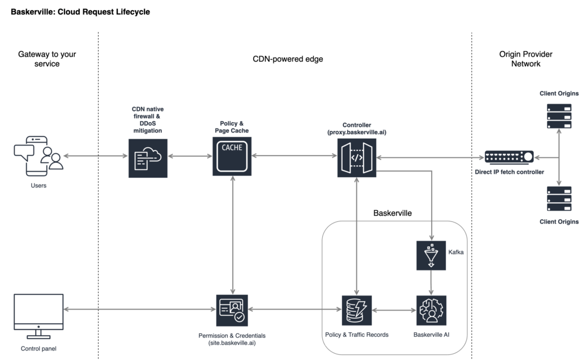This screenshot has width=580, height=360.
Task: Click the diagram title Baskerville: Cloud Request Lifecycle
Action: click(x=80, y=12)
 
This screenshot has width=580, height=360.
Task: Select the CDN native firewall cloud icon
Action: click(x=147, y=157)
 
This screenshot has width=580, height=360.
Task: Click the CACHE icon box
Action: click(x=233, y=155)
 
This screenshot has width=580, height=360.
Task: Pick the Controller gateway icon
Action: click(x=357, y=155)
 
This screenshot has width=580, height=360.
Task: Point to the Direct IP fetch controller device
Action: click(x=509, y=156)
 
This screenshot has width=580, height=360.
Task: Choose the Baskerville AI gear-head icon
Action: click(x=432, y=310)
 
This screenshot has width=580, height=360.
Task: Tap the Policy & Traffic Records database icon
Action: click(x=356, y=310)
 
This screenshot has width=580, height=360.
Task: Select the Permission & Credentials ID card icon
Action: click(x=232, y=310)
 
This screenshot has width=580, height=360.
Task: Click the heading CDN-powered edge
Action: click(x=288, y=59)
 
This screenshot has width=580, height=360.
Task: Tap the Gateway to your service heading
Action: click(x=46, y=59)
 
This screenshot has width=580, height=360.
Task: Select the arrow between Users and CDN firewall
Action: click(x=96, y=156)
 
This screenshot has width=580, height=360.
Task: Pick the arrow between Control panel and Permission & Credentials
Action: click(x=139, y=310)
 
